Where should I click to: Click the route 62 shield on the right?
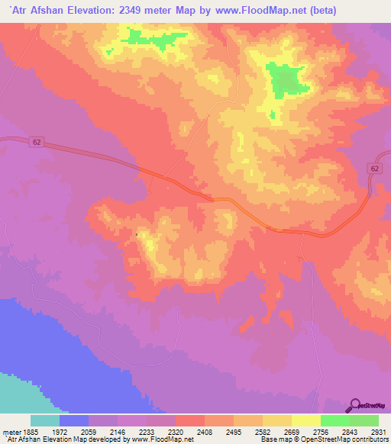373,168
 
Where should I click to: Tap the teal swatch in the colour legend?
45,420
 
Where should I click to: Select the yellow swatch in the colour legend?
305,420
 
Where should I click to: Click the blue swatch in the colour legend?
74,420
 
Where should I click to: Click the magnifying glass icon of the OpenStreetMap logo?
356,405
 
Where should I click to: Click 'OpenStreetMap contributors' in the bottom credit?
351,439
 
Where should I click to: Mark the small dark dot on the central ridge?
137,234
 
